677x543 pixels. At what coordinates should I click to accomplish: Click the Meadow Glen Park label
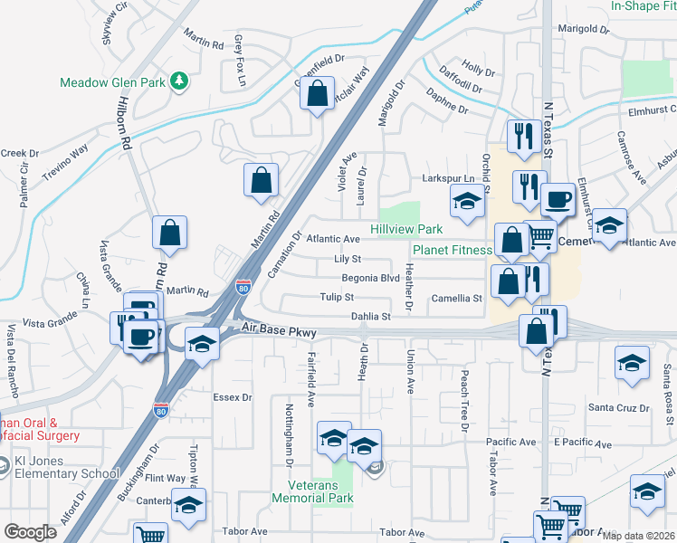pos(112,82)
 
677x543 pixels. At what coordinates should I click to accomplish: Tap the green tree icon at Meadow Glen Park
pos(180,81)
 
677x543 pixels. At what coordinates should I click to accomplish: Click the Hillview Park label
pos(406,230)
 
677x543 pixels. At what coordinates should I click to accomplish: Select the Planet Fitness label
pos(453,250)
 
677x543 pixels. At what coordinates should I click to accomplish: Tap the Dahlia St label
pos(370,317)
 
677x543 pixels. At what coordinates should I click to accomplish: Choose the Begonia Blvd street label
pos(370,278)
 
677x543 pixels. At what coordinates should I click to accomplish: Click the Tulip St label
pos(336,297)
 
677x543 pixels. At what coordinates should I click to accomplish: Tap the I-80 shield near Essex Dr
pos(161,409)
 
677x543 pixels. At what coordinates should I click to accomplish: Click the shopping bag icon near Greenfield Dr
pos(318,93)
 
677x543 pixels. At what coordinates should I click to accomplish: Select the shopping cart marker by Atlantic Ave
pos(540,237)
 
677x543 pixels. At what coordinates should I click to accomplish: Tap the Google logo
pos(30,532)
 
